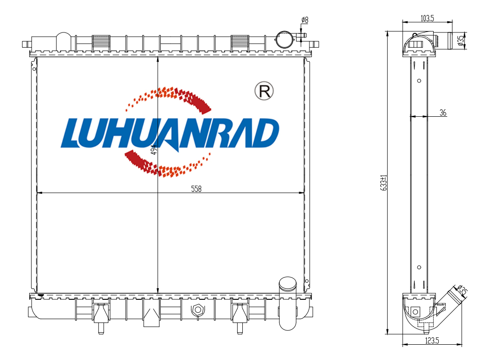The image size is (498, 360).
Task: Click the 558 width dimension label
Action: (x=196, y=189)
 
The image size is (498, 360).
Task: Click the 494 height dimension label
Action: (x=154, y=149)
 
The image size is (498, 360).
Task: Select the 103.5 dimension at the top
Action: (x=427, y=19)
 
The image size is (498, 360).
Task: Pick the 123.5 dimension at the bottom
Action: (x=432, y=341)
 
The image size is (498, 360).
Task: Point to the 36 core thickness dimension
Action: (x=443, y=113)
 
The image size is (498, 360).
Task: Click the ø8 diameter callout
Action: (x=304, y=20)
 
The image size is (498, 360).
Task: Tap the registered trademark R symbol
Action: (x=264, y=91)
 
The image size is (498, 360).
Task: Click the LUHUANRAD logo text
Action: (x=170, y=133)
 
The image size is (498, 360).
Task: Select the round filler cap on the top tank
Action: (x=284, y=39)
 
